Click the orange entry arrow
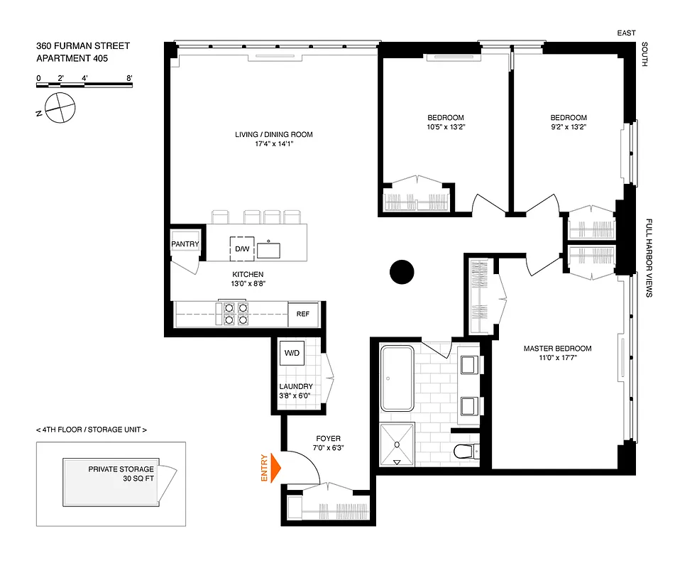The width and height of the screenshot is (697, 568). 274,469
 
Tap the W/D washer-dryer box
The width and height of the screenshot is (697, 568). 292,353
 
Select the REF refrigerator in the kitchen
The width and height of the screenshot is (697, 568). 303,314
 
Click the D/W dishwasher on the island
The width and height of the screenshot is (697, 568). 243,248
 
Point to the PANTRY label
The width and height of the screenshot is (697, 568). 185,244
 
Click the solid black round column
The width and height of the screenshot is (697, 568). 401,272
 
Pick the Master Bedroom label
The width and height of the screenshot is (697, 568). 557,349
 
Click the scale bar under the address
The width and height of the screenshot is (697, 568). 84,84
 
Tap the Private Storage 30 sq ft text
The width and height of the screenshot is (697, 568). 121,474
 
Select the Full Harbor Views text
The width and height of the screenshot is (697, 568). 649,258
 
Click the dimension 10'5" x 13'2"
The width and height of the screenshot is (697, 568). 446,128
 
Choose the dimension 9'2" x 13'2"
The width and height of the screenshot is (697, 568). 568,128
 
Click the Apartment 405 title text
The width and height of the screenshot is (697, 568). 72,60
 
